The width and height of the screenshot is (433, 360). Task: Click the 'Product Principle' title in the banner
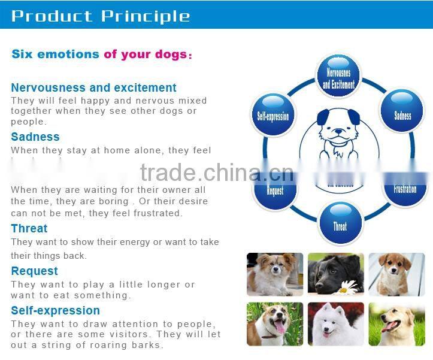click(101, 16)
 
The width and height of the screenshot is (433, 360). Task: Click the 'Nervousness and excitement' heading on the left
click(93, 88)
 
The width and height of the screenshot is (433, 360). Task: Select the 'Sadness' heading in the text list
click(35, 137)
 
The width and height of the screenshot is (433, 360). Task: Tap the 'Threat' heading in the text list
click(29, 228)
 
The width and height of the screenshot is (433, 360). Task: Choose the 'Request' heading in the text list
click(35, 271)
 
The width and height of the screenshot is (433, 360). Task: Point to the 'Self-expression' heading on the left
click(56, 310)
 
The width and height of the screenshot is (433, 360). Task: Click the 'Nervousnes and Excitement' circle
click(339, 77)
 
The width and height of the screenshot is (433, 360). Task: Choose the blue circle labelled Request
click(275, 190)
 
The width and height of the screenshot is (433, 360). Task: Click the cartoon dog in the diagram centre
click(339, 134)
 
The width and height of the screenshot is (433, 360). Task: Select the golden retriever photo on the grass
click(396, 324)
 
